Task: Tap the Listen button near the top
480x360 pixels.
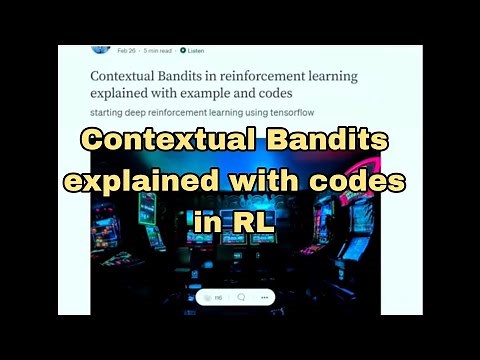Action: click(x=192, y=50)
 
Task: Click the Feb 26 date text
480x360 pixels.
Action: click(x=126, y=50)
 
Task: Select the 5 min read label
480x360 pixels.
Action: click(x=157, y=50)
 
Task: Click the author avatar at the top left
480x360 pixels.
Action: click(x=100, y=47)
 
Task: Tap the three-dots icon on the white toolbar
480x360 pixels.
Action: click(x=264, y=297)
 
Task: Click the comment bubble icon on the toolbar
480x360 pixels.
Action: click(x=241, y=297)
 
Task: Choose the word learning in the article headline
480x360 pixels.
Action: click(x=329, y=75)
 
